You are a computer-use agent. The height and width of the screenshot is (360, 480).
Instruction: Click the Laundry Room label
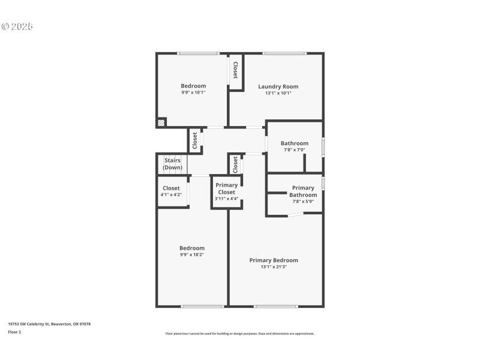[x=278, y=86]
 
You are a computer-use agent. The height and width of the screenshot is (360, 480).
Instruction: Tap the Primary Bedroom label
[x=274, y=260]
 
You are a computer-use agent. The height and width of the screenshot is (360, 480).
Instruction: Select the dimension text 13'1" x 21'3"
[x=274, y=267]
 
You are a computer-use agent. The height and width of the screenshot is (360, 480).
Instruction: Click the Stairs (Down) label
[x=172, y=164]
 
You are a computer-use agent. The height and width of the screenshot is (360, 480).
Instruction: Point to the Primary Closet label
[x=226, y=188]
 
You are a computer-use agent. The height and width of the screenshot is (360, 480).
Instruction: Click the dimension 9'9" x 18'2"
[x=192, y=254]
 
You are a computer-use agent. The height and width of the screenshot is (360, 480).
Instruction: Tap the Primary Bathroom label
[x=303, y=191]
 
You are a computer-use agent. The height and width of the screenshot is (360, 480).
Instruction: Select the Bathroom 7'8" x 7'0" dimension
[x=295, y=149]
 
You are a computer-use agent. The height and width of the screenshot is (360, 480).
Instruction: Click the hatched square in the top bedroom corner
[x=161, y=122]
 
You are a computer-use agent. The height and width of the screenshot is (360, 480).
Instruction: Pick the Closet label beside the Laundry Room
[x=235, y=70]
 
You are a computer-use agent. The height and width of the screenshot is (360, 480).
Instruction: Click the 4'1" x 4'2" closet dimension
[x=171, y=194]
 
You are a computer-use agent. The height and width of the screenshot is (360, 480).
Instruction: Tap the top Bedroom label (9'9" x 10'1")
[x=193, y=86]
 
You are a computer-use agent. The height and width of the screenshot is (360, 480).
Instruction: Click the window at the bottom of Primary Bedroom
[x=275, y=307]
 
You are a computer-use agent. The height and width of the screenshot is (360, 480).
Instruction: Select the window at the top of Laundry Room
[x=284, y=53]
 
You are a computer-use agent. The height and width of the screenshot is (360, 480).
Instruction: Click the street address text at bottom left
[x=49, y=324]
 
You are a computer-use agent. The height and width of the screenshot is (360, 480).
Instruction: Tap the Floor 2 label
[x=14, y=332]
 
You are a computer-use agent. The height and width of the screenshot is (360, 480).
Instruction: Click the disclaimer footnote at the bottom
[x=240, y=334]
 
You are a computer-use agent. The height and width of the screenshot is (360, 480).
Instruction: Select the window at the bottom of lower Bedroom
[x=202, y=307]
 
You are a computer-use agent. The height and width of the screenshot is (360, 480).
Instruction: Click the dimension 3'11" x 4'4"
[x=226, y=199]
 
